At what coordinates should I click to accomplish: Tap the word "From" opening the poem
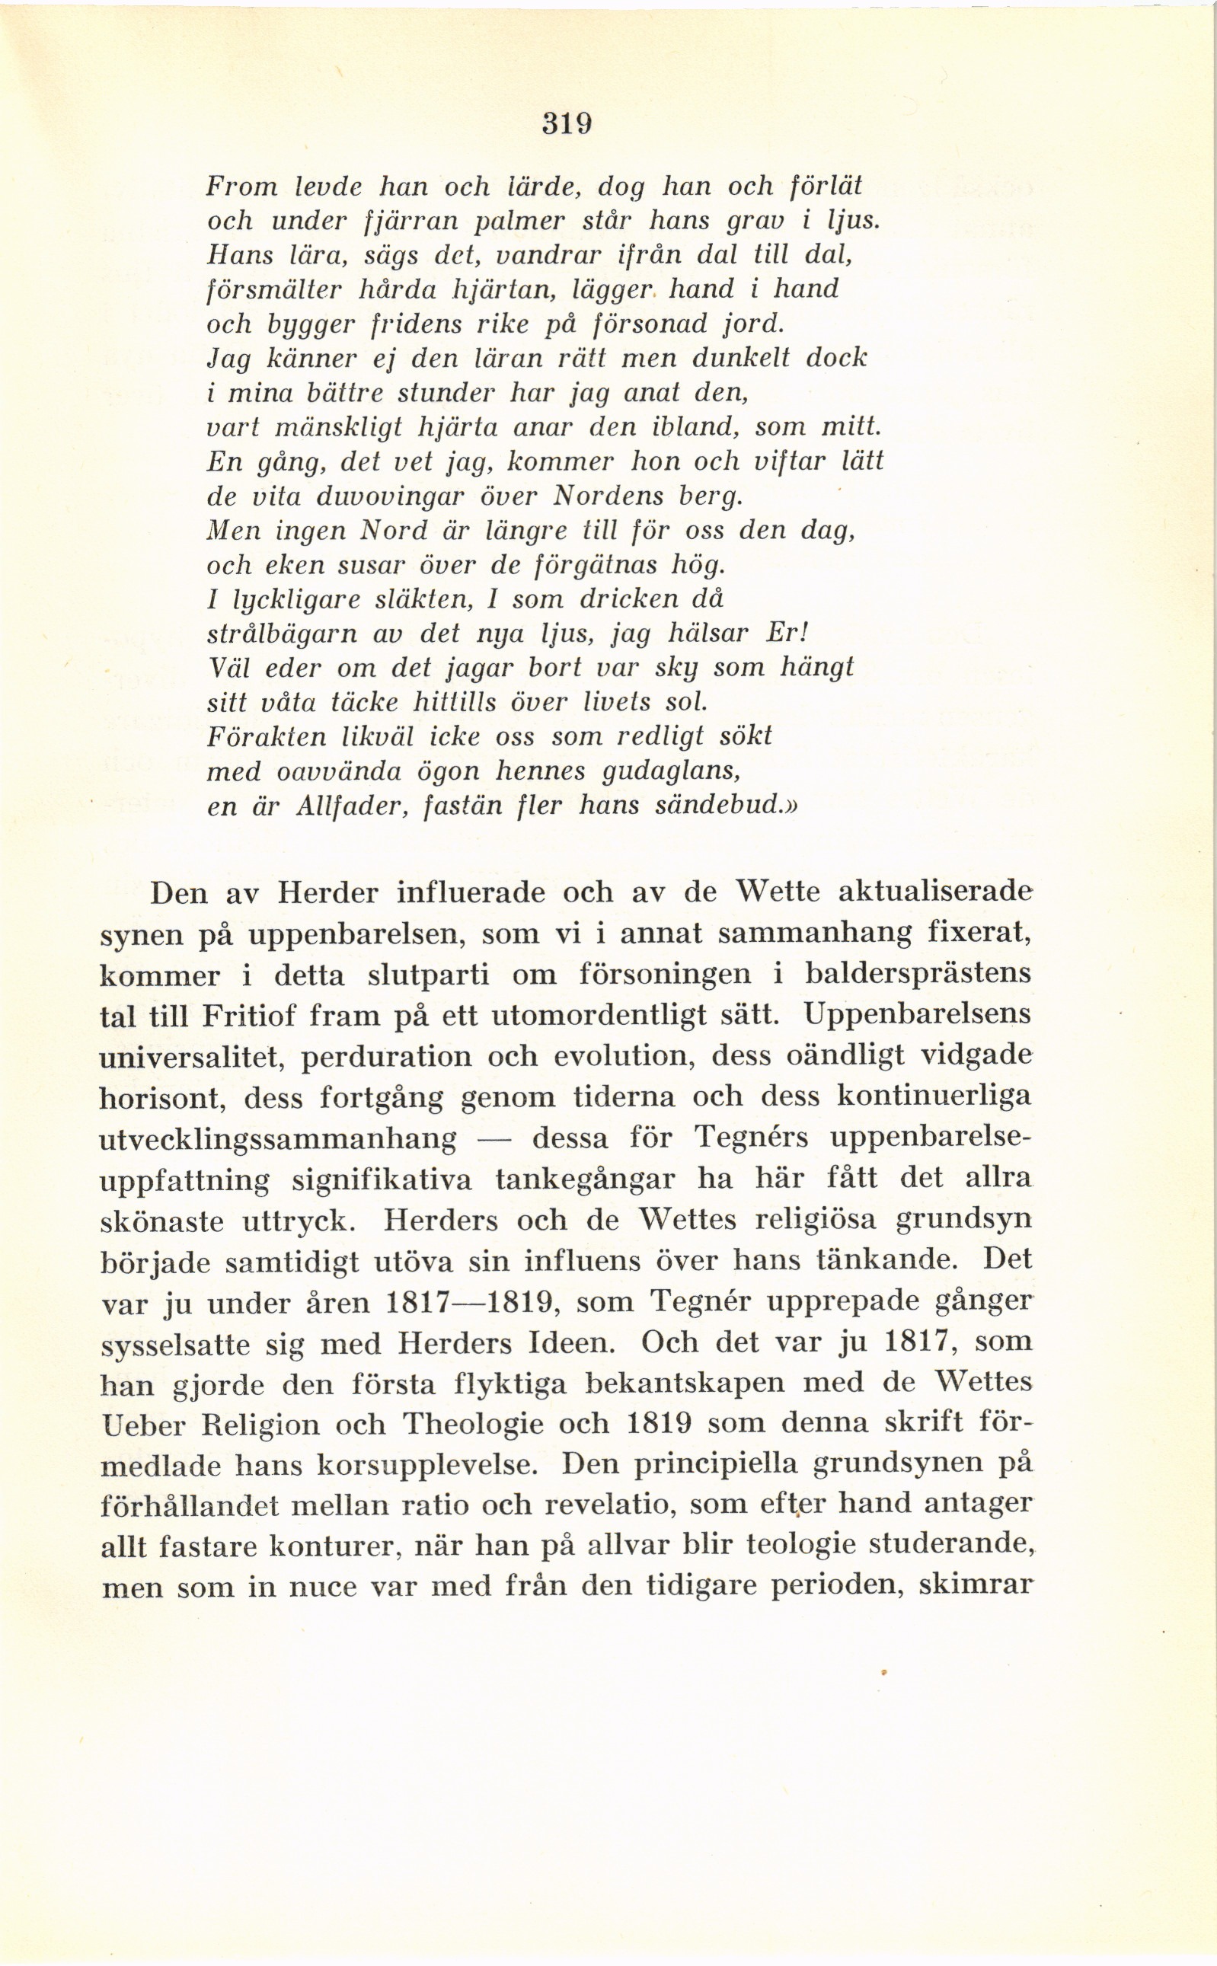tap(241, 187)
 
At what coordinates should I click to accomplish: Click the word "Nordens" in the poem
tap(618, 496)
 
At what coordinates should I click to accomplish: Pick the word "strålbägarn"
tap(282, 634)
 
